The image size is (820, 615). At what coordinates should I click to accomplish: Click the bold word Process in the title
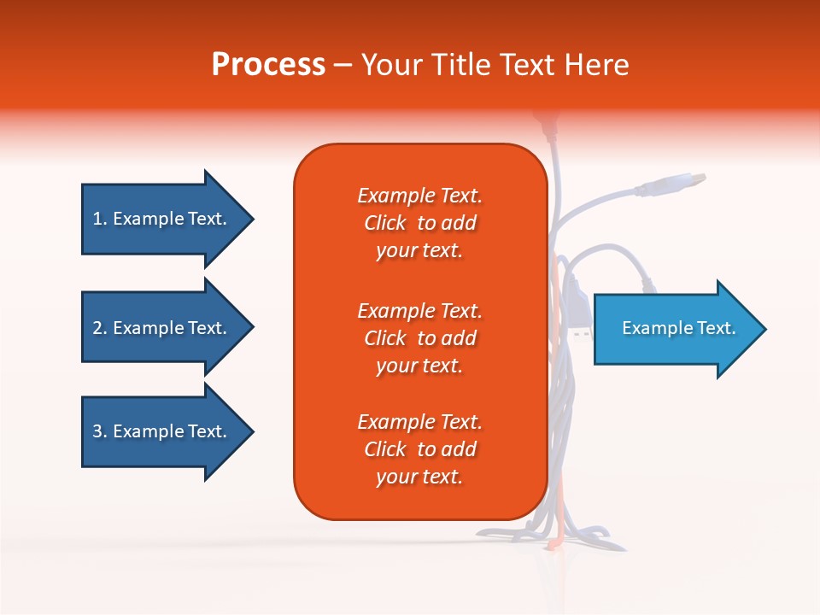pyautogui.click(x=268, y=65)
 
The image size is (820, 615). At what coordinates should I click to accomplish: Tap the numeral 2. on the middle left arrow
pyautogui.click(x=99, y=328)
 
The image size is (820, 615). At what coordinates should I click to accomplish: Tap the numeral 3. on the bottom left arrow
pyautogui.click(x=99, y=431)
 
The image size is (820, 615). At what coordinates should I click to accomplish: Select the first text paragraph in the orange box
pyautogui.click(x=419, y=223)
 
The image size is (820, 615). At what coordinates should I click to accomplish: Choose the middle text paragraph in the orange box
pyautogui.click(x=419, y=338)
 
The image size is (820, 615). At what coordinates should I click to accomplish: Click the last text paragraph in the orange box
pyautogui.click(x=419, y=449)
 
